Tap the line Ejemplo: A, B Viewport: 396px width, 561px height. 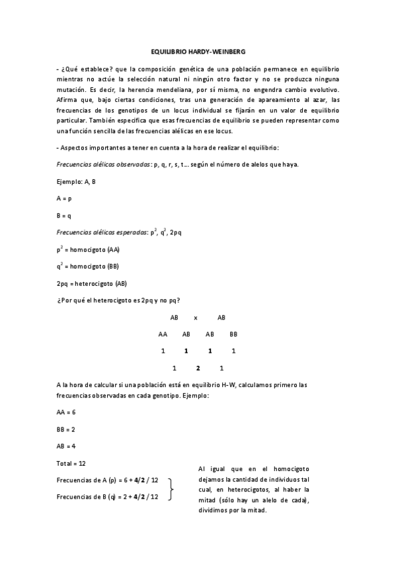pyautogui.click(x=76, y=181)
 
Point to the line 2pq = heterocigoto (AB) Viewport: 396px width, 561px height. pyautogui.click(x=91, y=284)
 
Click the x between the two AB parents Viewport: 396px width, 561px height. pyautogui.click(x=196, y=318)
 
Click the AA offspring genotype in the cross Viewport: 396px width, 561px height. pyautogui.click(x=163, y=334)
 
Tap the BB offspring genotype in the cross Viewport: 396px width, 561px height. pyautogui.click(x=233, y=334)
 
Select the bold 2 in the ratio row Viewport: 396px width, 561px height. pyautogui.click(x=198, y=368)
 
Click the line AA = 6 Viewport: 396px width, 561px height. pyautogui.click(x=66, y=411)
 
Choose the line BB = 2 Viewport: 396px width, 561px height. pyautogui.click(x=66, y=429)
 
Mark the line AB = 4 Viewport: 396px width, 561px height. pyautogui.click(x=66, y=446)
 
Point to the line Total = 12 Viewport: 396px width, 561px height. pyautogui.click(x=71, y=463)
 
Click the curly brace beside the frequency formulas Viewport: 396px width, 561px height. pyautogui.click(x=173, y=489)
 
